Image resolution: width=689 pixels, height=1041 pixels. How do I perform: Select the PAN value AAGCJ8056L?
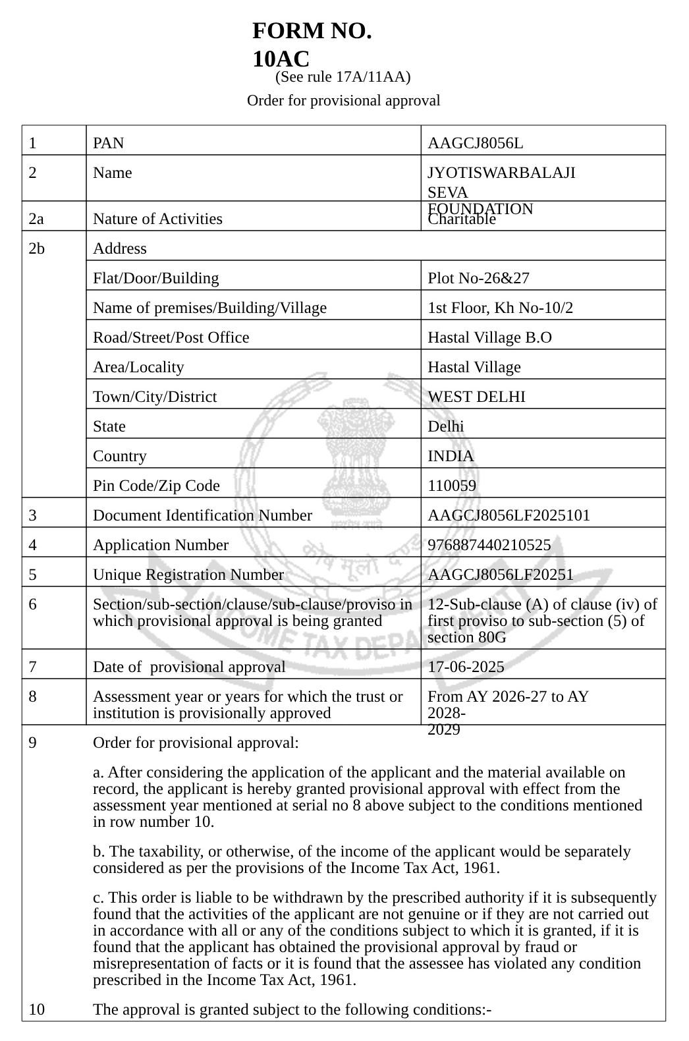pyautogui.click(x=475, y=143)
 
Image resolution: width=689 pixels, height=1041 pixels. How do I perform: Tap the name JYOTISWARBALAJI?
pyautogui.click(x=501, y=173)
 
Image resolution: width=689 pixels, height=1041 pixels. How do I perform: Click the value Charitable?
pyautogui.click(x=462, y=219)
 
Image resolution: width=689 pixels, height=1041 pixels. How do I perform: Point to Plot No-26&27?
pyautogui.click(x=478, y=278)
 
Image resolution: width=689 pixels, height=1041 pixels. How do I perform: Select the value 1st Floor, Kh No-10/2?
pyautogui.click(x=500, y=308)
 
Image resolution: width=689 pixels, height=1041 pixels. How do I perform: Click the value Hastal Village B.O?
pyautogui.click(x=489, y=337)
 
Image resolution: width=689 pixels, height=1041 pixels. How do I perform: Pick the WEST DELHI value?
pyautogui.click(x=476, y=397)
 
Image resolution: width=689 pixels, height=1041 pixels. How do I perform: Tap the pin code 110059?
pyautogui.click(x=452, y=486)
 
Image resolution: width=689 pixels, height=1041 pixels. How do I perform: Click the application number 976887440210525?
pyautogui.click(x=489, y=545)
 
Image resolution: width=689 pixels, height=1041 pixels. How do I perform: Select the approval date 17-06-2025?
pyautogui.click(x=466, y=667)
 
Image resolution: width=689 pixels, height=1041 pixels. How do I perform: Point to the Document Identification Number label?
pyautogui.click(x=202, y=515)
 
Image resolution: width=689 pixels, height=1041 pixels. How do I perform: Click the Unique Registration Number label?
pyautogui.click(x=188, y=575)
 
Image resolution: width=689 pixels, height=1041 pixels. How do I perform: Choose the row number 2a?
pyautogui.click(x=37, y=219)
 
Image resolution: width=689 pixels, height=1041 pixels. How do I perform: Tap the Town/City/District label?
pyautogui.click(x=155, y=397)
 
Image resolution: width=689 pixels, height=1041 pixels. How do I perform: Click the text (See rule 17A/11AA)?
pyautogui.click(x=343, y=77)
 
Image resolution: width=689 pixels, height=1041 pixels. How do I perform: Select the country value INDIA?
pyautogui.click(x=451, y=456)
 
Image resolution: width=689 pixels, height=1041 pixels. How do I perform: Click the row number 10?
pyautogui.click(x=37, y=1009)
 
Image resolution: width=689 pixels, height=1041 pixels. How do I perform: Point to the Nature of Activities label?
pyautogui.click(x=157, y=219)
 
